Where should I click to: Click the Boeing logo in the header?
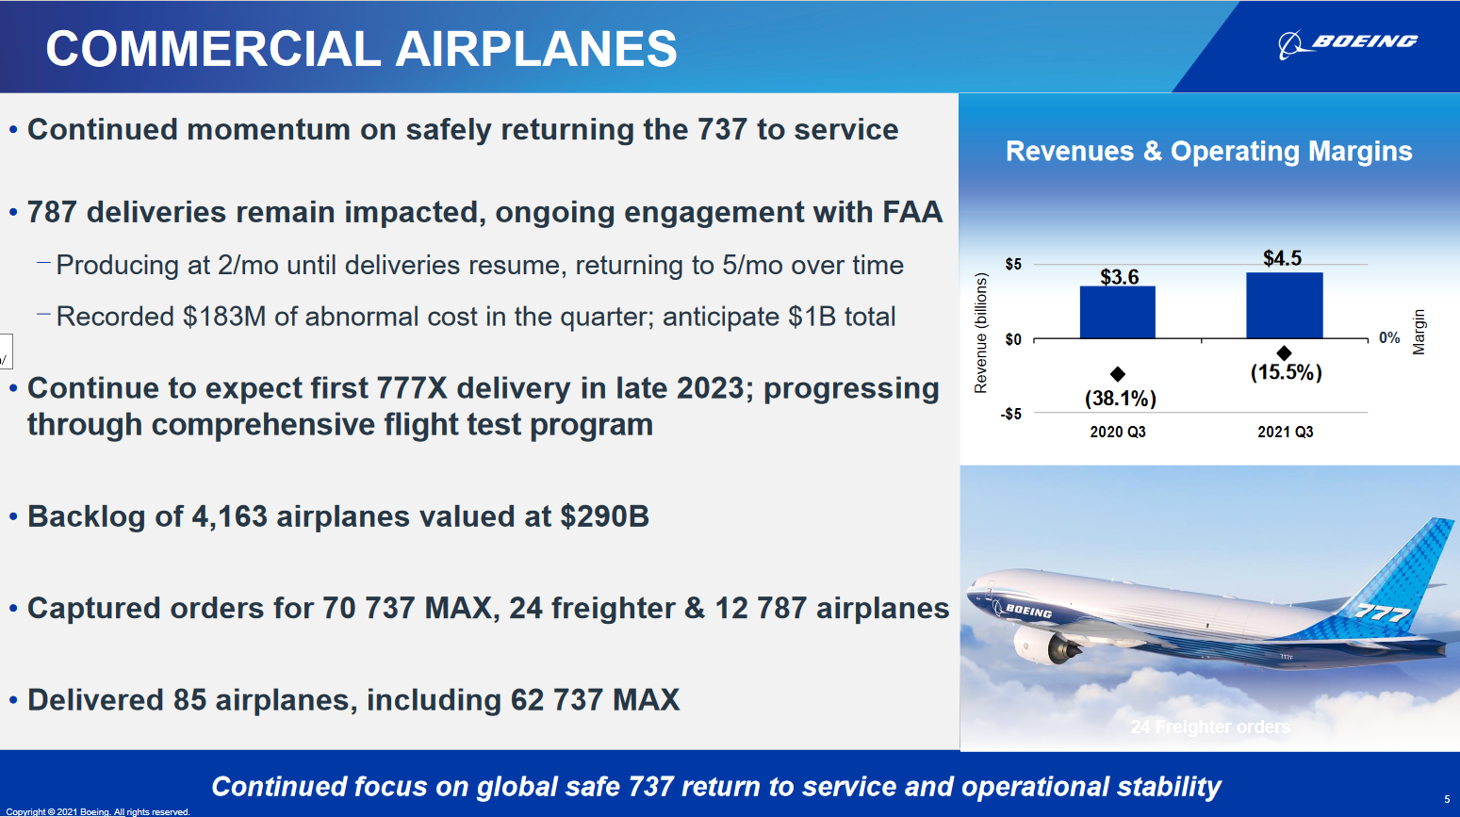[x=1347, y=43]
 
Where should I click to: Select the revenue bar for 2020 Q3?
[x=1117, y=312]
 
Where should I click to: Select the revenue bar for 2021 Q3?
[x=1284, y=305]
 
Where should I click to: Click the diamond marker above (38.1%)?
[x=1117, y=373]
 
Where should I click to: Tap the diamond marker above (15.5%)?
[x=1284, y=353]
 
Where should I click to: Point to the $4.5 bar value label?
[x=1282, y=258]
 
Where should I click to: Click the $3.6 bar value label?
[x=1119, y=277]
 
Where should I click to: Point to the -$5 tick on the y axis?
[x=1011, y=414]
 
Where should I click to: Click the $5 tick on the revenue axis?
[x=1013, y=264]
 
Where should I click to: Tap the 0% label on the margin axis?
[x=1389, y=337]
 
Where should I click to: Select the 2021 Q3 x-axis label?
[x=1285, y=432]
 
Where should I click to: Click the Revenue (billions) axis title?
[x=980, y=333]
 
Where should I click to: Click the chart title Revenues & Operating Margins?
[x=1209, y=151]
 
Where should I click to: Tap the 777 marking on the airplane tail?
[x=1383, y=613]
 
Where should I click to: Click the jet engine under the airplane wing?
[x=1047, y=644]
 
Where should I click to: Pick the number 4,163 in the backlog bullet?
[x=229, y=516]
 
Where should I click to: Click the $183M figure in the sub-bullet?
[x=224, y=317]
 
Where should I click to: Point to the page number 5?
[x=1446, y=799]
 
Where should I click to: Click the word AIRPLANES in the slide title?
[x=535, y=49]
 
